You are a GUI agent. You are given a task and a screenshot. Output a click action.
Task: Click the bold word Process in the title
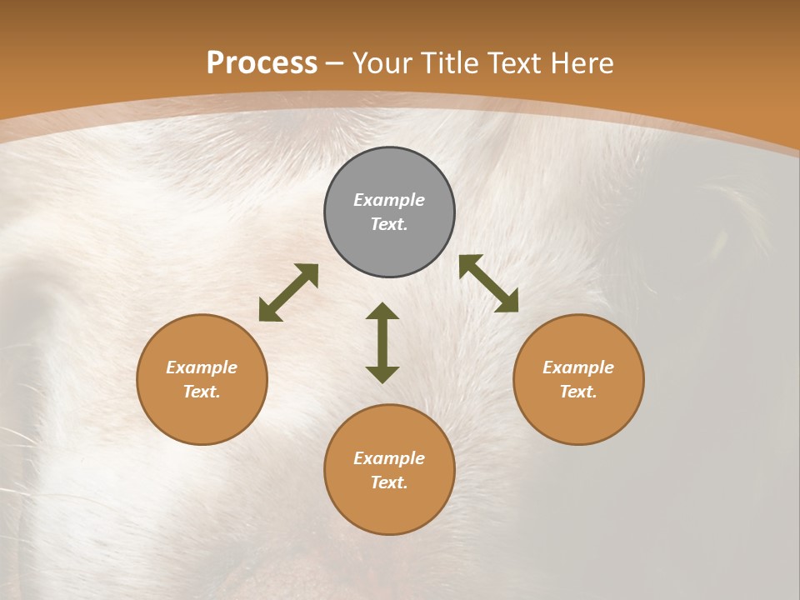tap(262, 63)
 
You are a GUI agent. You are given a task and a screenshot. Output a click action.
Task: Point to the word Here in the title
tap(583, 63)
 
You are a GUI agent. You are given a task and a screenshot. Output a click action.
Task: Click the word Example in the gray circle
tap(389, 200)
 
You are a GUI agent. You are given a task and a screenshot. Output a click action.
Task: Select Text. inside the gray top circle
tap(389, 224)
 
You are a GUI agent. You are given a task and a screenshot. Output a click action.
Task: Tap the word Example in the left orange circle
tap(202, 367)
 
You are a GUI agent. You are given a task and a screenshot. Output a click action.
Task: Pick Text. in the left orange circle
tap(202, 392)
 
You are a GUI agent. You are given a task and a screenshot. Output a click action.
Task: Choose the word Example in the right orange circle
tap(578, 367)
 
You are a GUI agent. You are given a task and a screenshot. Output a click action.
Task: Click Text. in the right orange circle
tap(578, 392)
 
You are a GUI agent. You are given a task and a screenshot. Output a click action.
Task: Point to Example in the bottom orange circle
tap(389, 458)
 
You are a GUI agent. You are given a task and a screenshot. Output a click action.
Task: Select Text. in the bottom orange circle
tap(389, 482)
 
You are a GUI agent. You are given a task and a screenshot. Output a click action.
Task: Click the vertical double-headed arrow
tap(382, 342)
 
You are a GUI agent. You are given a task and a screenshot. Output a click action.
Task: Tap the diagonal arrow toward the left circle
tap(288, 292)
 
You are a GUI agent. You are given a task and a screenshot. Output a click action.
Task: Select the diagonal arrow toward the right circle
tap(488, 283)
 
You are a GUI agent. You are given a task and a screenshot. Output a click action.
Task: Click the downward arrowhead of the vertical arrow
tap(382, 374)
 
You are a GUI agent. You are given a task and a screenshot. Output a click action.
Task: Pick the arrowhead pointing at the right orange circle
tap(508, 302)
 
